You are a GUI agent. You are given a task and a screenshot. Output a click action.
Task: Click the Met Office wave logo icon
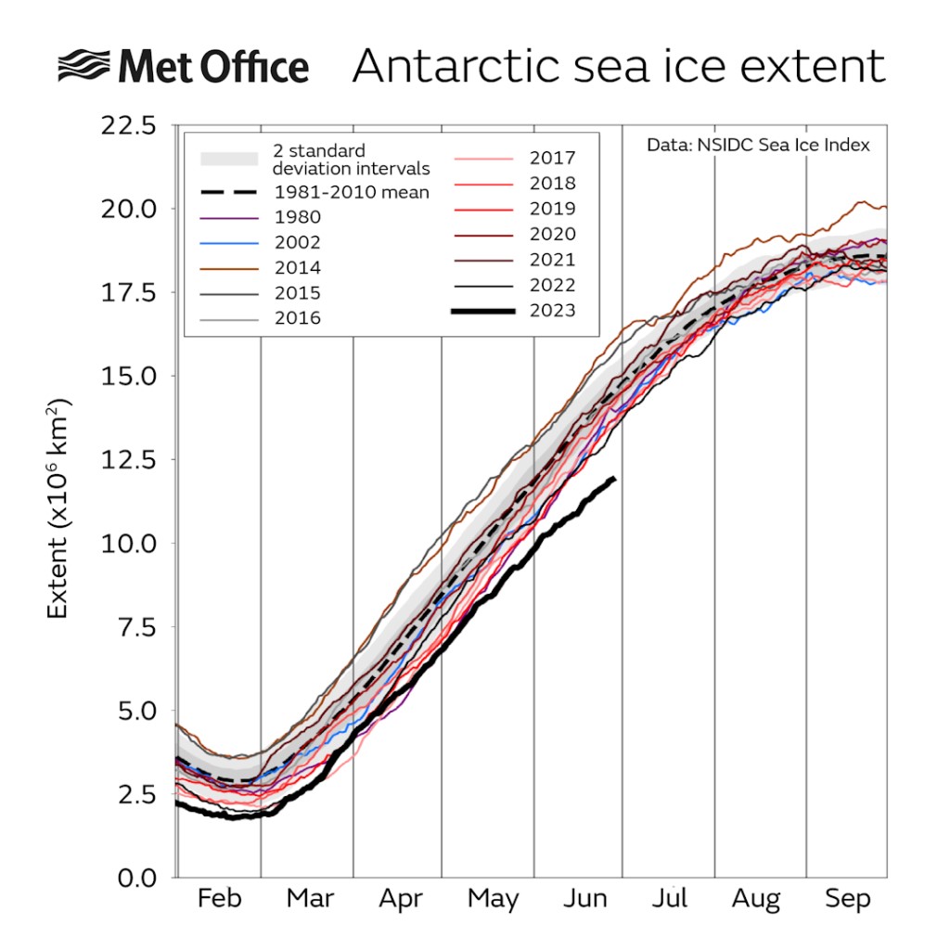[85, 68]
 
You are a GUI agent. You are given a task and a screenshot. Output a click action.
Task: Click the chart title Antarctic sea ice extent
[618, 68]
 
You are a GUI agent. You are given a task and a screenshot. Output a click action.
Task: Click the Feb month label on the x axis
[220, 899]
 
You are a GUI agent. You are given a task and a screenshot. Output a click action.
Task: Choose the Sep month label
[847, 899]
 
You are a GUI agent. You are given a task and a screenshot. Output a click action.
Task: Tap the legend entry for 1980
[297, 218]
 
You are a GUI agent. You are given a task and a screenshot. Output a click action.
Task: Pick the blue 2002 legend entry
[297, 243]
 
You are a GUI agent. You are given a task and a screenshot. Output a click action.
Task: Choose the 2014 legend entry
[297, 268]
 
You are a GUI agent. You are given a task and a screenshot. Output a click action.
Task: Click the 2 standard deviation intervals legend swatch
[228, 159]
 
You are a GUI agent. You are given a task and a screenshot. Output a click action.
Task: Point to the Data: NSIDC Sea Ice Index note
[758, 146]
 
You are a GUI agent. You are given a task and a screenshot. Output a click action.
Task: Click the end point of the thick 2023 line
[614, 478]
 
